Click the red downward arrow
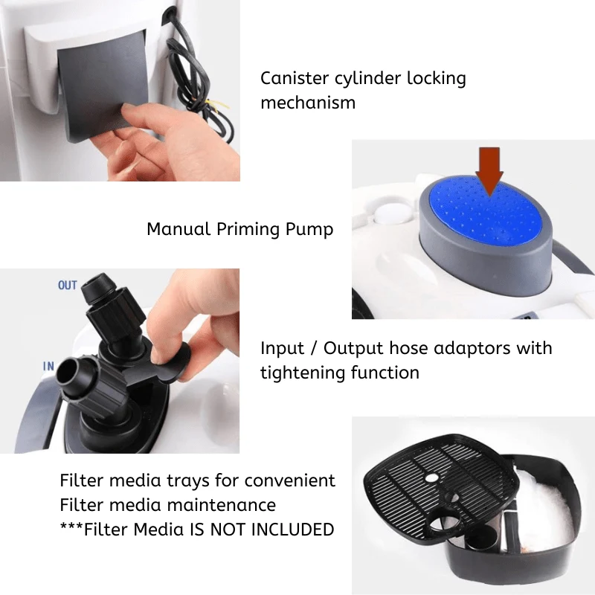coord(489,171)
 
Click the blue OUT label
coord(68,285)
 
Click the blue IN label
coord(48,366)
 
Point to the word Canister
coord(295,78)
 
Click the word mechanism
coord(308,103)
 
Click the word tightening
coord(302,373)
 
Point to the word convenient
coord(289,480)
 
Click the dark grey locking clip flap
coord(103,86)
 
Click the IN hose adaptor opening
coord(68,370)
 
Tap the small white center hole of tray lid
coord(431,477)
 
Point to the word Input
coord(283,349)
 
